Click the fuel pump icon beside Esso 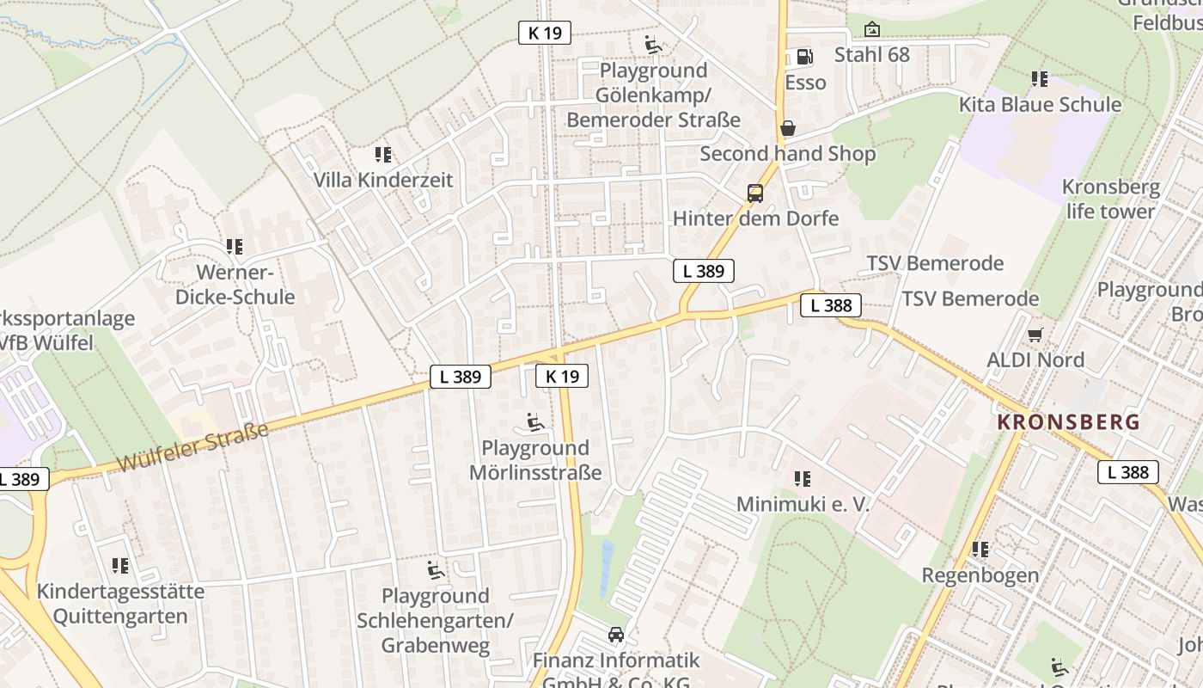[x=804, y=57]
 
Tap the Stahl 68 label [x=871, y=55]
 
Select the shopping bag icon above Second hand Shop [x=787, y=128]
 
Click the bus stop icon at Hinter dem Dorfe [x=755, y=193]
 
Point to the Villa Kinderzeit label [x=382, y=181]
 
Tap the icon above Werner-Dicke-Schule [x=235, y=247]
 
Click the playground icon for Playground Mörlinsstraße [x=534, y=422]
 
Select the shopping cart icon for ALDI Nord [x=1035, y=334]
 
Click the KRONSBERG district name [x=1068, y=422]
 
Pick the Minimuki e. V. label [x=803, y=504]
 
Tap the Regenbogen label [x=980, y=574]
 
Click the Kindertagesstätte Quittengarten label [x=120, y=604]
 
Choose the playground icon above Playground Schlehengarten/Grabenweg [x=436, y=569]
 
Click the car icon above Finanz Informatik [x=615, y=635]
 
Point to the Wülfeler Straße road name [x=192, y=447]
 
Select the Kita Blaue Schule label [x=1040, y=105]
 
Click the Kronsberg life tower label [x=1110, y=199]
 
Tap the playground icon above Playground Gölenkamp [x=653, y=44]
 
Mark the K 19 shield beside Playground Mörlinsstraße [x=562, y=376]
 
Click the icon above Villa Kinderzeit [x=382, y=155]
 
